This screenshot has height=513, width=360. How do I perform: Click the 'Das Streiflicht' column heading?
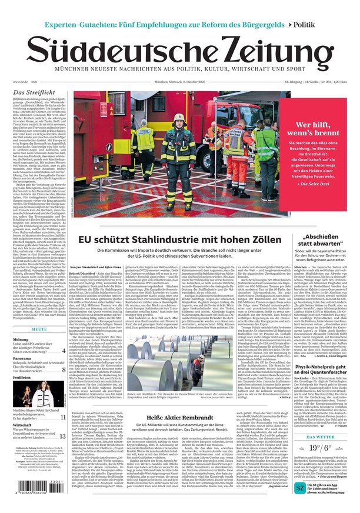(35, 92)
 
